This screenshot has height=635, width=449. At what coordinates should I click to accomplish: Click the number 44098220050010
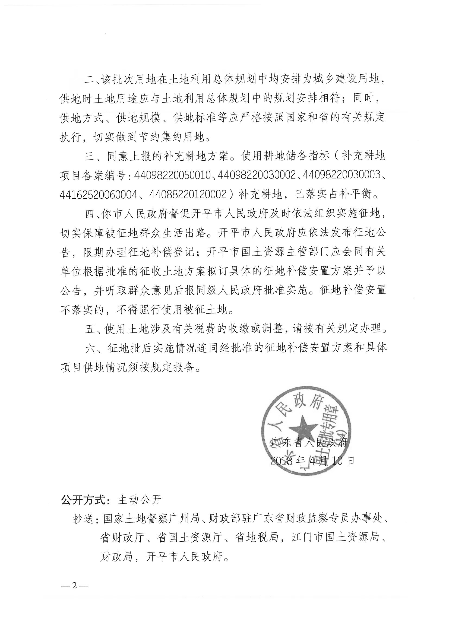click(x=172, y=175)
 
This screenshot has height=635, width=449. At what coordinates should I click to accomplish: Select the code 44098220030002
click(x=257, y=175)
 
